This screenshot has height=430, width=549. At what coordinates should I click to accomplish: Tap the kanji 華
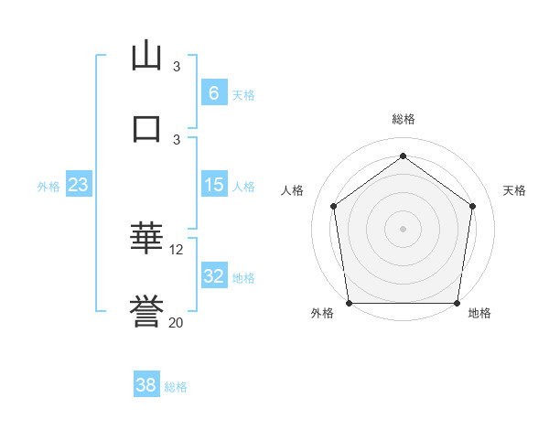pos(146,238)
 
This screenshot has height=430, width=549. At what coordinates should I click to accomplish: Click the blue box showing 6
pos(213,92)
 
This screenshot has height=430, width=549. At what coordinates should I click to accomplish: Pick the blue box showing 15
pos(213,185)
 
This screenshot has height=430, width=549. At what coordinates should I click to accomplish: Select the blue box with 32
pos(213,276)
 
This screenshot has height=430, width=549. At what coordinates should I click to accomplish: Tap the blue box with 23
pos(79,185)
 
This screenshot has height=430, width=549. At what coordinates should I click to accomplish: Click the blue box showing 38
pos(146,385)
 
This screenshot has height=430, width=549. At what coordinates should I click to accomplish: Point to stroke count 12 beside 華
pos(177,249)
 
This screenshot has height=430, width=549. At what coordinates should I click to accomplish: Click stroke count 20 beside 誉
pos(177,322)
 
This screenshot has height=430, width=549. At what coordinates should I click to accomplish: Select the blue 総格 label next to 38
pos(176,387)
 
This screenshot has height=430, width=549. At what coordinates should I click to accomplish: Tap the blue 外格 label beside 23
pos(48,187)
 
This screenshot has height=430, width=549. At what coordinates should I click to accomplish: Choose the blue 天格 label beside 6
pos(242,94)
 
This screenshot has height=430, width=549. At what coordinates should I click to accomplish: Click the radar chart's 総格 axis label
pos(404,119)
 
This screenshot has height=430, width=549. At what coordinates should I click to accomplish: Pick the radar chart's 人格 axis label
pos(293,190)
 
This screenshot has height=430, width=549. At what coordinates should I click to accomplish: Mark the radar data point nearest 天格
pos(473,206)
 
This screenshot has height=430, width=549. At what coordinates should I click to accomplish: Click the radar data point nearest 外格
pos(349,303)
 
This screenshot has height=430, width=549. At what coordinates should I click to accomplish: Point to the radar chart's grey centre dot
pos(404,228)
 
